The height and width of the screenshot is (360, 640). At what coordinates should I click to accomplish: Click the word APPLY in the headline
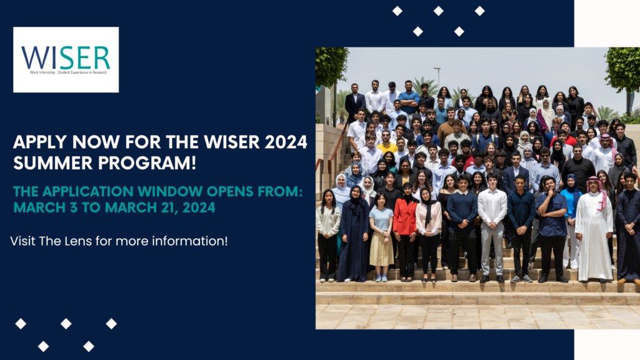pyautogui.click(x=39, y=142)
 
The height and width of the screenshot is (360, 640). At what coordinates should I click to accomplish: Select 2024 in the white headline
pyautogui.click(x=286, y=142)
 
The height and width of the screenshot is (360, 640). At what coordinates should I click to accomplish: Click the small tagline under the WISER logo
pyautogui.click(x=68, y=72)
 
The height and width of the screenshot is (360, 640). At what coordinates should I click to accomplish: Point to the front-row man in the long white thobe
pyautogui.click(x=594, y=229)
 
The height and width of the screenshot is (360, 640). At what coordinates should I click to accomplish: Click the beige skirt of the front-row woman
pyautogui.click(x=381, y=248)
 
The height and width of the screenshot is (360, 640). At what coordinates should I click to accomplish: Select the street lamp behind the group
pyautogui.click(x=438, y=77)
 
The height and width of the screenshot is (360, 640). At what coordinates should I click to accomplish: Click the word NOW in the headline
pyautogui.click(x=96, y=142)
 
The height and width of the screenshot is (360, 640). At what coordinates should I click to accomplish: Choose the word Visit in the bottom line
pyautogui.click(x=23, y=241)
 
